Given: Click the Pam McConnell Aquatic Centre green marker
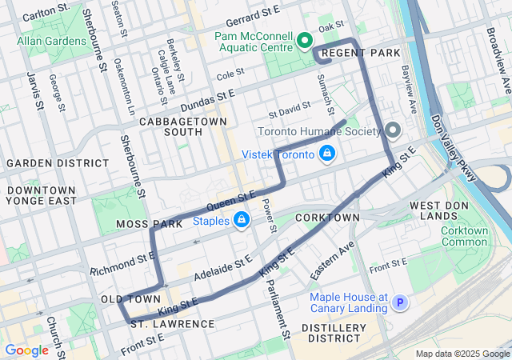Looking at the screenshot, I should (304, 40).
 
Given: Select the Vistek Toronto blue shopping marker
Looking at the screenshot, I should (326, 153).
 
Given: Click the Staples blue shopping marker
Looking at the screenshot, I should (241, 219).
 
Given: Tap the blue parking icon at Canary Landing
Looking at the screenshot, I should (400, 302).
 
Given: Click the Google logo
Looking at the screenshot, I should (26, 350).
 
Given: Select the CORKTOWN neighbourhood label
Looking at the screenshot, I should (327, 218).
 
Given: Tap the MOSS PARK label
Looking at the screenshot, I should (150, 225).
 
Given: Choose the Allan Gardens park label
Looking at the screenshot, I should (52, 40).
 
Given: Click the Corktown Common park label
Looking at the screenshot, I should (464, 236).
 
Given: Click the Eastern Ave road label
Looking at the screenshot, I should (332, 260).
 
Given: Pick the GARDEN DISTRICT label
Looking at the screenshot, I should (46, 162).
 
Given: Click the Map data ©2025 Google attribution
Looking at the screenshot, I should (462, 354).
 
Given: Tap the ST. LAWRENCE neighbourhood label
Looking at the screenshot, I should (172, 324).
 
